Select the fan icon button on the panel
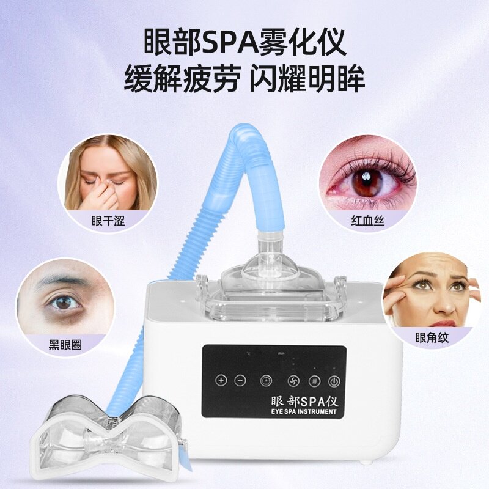click(293, 380)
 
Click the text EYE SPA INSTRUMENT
click(303, 411)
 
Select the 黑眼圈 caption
click(65, 344)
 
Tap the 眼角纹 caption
click(432, 337)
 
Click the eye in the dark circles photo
click(62, 301)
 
